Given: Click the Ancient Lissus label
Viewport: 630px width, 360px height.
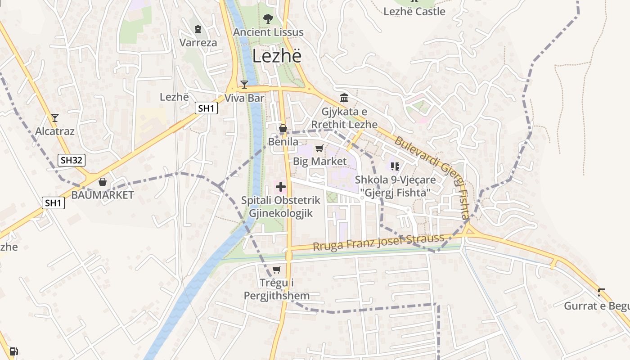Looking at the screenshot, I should tap(268, 32).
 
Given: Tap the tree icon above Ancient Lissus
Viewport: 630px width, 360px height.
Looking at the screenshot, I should tap(268, 19).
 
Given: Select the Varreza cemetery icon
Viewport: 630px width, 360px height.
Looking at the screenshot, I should tap(198, 30).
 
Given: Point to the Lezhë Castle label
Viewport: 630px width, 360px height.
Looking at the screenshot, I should tap(414, 12).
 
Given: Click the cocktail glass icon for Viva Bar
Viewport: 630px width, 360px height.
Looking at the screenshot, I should tap(244, 84).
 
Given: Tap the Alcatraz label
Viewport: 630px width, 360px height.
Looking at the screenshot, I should tap(55, 131).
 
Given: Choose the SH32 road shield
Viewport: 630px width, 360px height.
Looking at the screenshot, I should tap(72, 160).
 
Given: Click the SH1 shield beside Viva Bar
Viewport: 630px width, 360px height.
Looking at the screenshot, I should tap(207, 108).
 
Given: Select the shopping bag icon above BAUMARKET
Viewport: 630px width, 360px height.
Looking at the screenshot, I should tap(103, 182).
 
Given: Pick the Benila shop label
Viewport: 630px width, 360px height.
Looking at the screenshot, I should tap(283, 142).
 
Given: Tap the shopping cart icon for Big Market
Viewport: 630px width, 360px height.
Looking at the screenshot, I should tap(319, 148).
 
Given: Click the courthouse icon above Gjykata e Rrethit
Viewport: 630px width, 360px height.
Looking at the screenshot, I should tap(344, 98).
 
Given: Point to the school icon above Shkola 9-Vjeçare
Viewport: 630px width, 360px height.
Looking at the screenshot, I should tap(395, 166).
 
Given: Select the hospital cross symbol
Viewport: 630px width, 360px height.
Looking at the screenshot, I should tap(281, 186).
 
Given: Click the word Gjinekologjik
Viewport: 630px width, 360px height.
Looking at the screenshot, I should tap(281, 213).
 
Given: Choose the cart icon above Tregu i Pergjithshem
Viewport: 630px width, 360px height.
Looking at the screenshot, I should tap(276, 270).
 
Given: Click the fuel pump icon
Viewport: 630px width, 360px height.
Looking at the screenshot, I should tap(13, 351).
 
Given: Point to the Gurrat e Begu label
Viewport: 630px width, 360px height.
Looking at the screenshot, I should tap(597, 306).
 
